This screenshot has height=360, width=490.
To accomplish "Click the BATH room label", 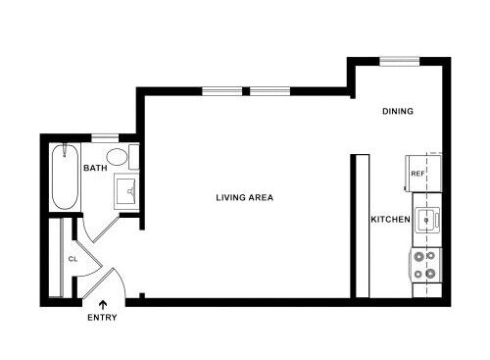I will [95, 169].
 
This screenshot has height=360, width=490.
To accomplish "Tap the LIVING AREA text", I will [244, 197].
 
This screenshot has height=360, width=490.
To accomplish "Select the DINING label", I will [398, 112].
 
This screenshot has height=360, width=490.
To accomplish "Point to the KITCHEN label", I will [389, 219].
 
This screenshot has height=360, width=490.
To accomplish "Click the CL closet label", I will [73, 260].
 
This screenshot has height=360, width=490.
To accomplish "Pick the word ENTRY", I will [102, 318].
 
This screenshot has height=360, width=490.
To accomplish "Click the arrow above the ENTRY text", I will [103, 303].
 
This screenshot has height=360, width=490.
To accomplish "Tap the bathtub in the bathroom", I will [65, 177].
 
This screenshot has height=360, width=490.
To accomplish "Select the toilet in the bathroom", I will [117, 158].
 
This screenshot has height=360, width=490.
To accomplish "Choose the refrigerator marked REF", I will [418, 175].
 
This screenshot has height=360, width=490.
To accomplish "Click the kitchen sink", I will [426, 220].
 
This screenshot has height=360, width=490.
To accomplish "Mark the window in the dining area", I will [400, 61].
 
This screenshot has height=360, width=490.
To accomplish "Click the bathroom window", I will [105, 137].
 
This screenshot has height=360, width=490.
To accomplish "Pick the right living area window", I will [268, 92].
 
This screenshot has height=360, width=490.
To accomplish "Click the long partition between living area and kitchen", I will [360, 226].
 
